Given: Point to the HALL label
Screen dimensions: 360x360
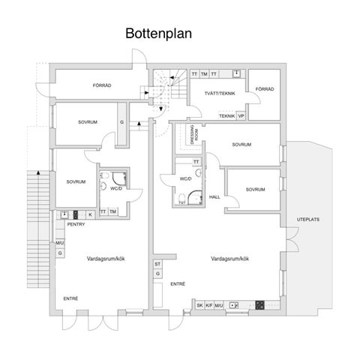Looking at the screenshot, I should pos(214,196).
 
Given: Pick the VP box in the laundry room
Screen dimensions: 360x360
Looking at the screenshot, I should pos(241,116).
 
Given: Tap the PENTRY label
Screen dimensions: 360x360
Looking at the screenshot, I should pos(75,224).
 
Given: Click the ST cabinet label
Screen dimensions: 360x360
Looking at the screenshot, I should pos(157,264).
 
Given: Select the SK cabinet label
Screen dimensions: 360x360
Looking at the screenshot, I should pos(199,305).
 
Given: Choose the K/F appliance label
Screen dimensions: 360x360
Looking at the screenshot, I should pos(209,305).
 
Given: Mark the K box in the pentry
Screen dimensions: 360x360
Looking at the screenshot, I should pos(90,214).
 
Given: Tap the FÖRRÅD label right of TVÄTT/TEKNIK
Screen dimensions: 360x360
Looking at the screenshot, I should pos(264,88).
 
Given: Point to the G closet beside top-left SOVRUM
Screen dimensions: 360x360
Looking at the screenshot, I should pos(121,122).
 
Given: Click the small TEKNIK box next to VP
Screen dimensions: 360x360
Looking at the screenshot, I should pos(226,116).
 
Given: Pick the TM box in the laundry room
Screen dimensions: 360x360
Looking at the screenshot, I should pos(203,73).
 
